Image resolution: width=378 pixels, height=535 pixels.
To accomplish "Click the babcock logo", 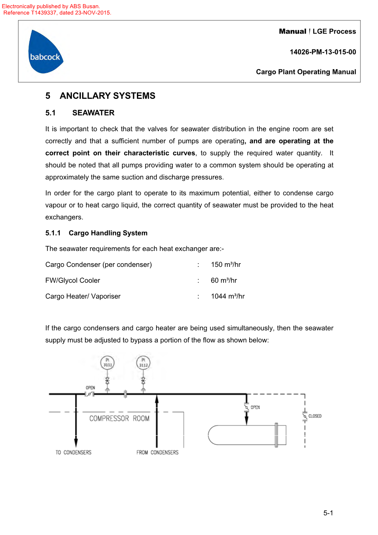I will tap(45, 52).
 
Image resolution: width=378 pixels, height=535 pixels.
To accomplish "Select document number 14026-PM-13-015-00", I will tap(322, 52).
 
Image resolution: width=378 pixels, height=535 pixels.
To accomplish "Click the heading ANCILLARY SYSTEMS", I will tap(107, 96).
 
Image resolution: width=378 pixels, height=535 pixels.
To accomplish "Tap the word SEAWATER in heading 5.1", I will tap(93, 113).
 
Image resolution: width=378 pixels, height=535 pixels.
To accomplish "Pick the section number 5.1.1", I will tap(53, 233).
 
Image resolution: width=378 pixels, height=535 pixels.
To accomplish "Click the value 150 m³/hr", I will tap(226, 264).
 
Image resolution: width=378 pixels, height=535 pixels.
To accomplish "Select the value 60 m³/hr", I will tap(224, 280).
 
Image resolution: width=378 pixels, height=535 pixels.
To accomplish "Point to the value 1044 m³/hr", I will tap(228, 296).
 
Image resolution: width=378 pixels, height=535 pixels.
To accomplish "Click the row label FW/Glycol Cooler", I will tap(73, 280).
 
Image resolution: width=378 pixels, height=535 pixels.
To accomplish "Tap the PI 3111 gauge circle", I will tap(107, 363).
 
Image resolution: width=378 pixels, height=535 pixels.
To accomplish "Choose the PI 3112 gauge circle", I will tap(143, 363).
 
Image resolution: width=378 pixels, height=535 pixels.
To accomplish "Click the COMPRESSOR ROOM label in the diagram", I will tap(119, 419).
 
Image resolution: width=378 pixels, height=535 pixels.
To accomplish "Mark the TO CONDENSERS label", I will tap(74, 452).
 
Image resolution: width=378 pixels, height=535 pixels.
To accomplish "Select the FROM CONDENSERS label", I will tap(157, 452).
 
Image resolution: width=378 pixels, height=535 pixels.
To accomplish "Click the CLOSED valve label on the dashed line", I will tap(315, 416).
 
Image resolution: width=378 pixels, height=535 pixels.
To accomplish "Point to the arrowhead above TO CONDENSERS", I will tap(76, 442).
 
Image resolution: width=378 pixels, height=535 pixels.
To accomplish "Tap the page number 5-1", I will tap(328, 513).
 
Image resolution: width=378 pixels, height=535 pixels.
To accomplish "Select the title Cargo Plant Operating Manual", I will tap(306, 72).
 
